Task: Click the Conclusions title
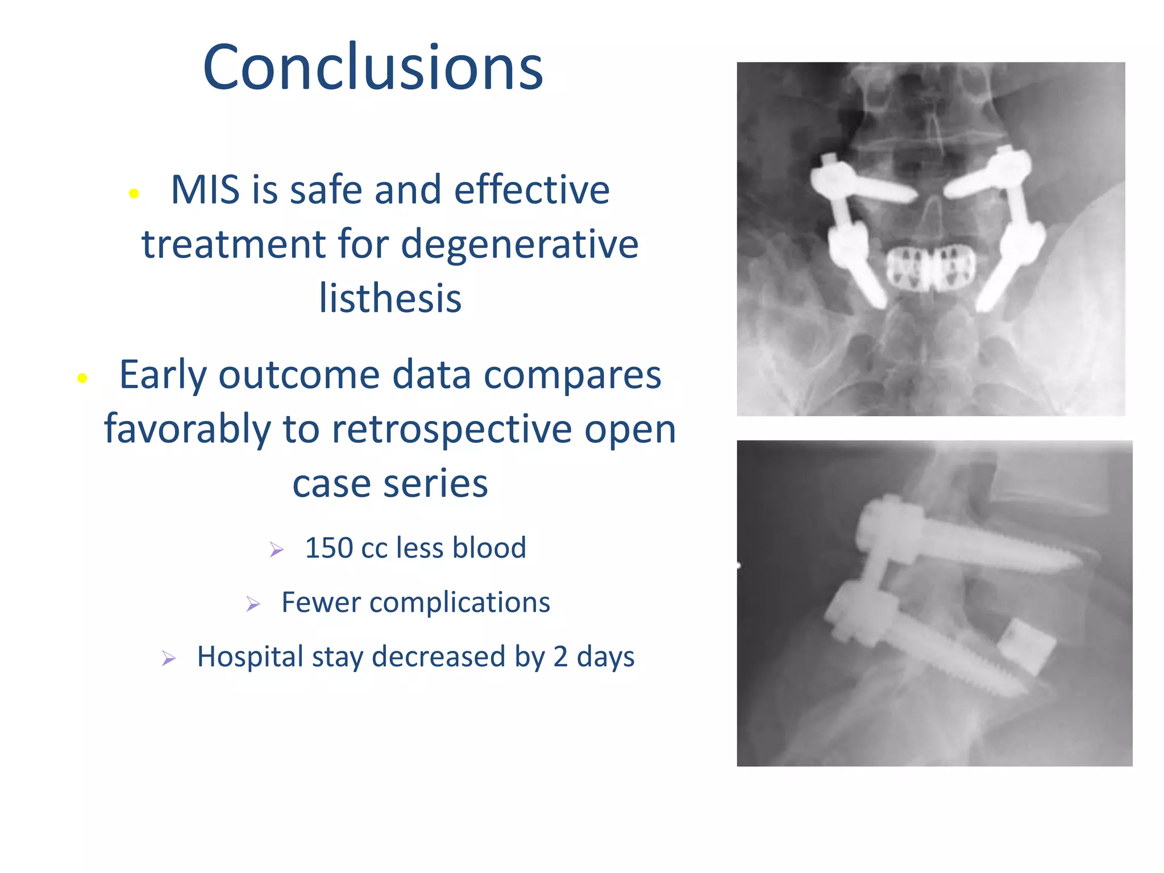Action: tap(373, 67)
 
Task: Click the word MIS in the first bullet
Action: tap(205, 190)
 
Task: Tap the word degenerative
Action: tap(519, 244)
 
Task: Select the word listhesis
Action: tap(390, 298)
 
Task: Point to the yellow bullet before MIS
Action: tap(134, 194)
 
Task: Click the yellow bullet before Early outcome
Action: tap(82, 378)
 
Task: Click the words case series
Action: tap(390, 484)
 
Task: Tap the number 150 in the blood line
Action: tap(329, 548)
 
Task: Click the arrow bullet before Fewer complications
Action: tap(253, 604)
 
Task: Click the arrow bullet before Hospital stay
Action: tap(169, 658)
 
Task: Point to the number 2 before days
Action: tap(560, 657)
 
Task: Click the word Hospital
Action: tap(250, 657)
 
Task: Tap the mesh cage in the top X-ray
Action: tap(930, 268)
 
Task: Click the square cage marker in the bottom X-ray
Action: tap(1028, 647)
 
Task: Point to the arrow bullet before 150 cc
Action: tap(277, 550)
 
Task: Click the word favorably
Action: tap(188, 429)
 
